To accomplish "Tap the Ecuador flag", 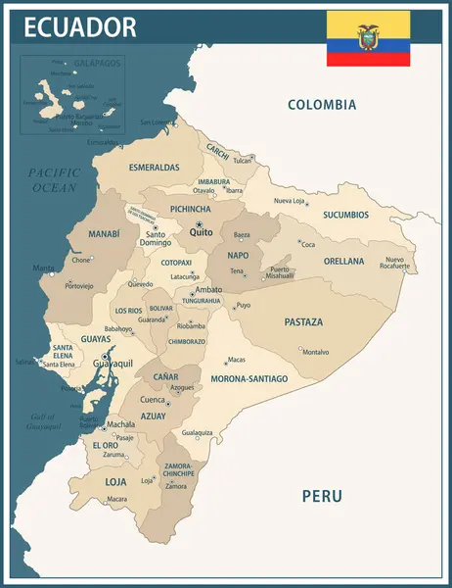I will pyautogui.click(x=368, y=38).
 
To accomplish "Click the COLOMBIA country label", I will pyautogui.click(x=322, y=105).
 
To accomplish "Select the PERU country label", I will pyautogui.click(x=321, y=496).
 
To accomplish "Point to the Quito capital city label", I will pyautogui.click(x=201, y=232).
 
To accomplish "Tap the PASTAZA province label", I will pyautogui.click(x=303, y=321).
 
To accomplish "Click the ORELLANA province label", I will pyautogui.click(x=343, y=262).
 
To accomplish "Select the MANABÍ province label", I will pyautogui.click(x=104, y=234).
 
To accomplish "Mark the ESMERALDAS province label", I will pyautogui.click(x=155, y=168).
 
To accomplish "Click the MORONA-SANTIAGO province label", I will pyautogui.click(x=251, y=378).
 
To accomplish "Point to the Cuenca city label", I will pyautogui.click(x=153, y=400).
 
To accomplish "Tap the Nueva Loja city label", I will pyautogui.click(x=290, y=201).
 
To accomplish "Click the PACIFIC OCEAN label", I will pyautogui.click(x=53, y=180).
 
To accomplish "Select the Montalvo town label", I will pyautogui.click(x=315, y=352).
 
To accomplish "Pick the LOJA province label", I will pyautogui.click(x=115, y=481).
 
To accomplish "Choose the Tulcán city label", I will pyautogui.click(x=242, y=160).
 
